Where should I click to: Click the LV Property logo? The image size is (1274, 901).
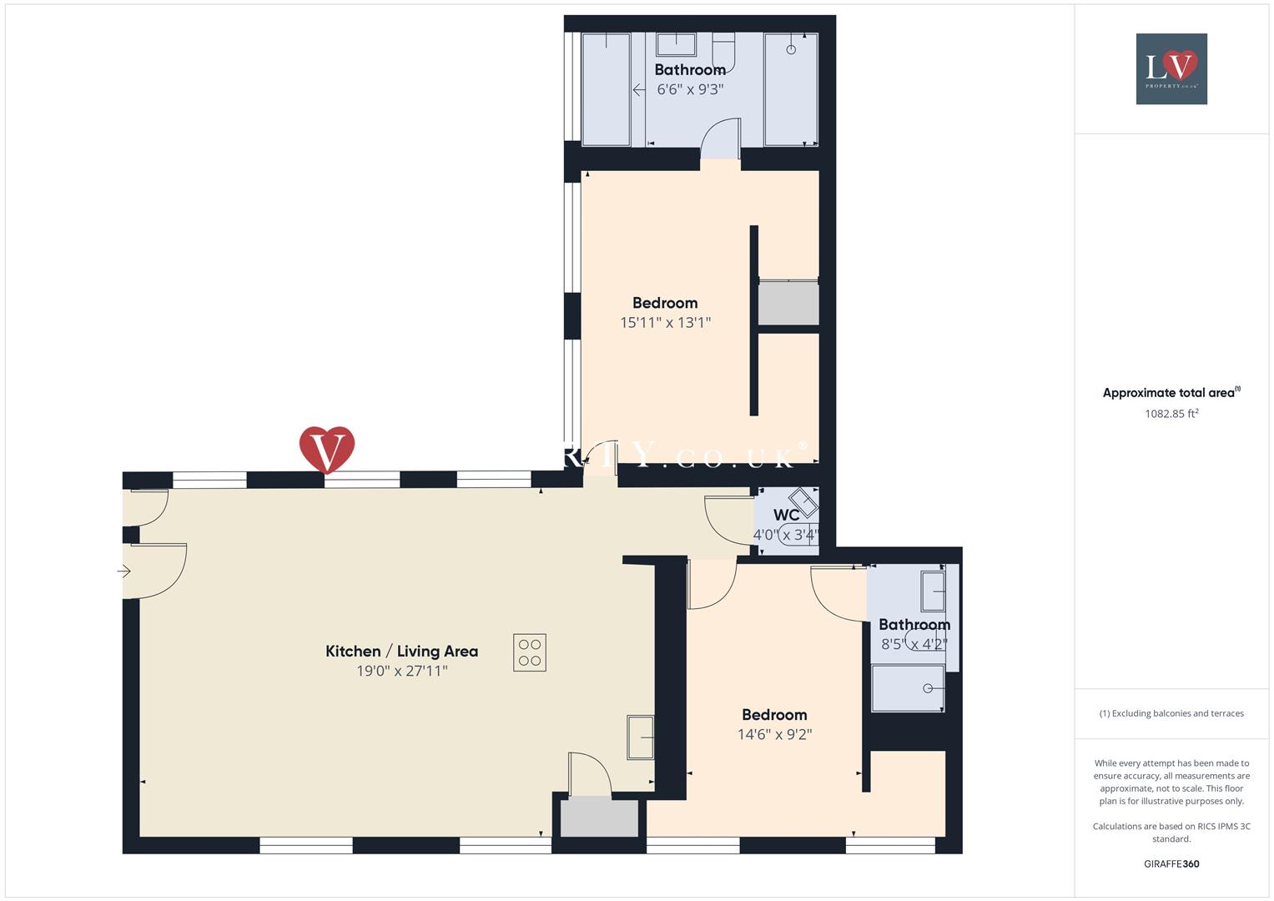point(1171,68)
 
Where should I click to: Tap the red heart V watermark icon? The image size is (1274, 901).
point(327,450)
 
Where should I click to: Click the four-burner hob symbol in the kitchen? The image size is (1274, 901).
point(530,652)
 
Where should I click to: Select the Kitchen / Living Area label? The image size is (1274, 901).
point(401,652)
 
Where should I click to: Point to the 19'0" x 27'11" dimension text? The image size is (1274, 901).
point(401,671)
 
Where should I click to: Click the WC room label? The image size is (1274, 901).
point(786,516)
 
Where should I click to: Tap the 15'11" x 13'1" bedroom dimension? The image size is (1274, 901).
point(665,322)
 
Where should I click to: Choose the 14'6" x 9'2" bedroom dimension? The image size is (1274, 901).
point(774,734)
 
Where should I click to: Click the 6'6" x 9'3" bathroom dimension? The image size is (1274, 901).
point(689,89)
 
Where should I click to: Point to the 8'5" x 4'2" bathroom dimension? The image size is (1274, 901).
point(914,644)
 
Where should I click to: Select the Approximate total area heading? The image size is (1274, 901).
point(1171,393)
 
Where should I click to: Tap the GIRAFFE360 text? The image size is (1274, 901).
point(1171,863)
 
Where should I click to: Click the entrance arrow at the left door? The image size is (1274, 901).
point(124,571)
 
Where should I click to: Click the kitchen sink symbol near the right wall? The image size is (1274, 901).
point(640,737)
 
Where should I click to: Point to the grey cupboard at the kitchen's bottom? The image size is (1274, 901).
point(599,817)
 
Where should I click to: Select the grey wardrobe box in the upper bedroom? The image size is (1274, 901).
point(788,303)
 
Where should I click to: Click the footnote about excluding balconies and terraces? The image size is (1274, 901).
point(1171,713)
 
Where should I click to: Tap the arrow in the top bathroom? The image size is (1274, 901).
point(638,89)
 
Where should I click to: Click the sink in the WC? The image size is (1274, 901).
point(805,502)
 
